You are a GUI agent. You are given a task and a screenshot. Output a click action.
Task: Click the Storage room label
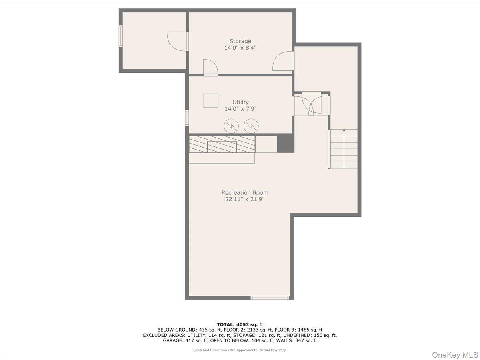click(x=240, y=41)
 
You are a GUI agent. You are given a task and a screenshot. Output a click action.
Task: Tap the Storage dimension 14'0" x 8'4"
click(x=240, y=48)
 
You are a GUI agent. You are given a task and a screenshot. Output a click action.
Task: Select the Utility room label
click(x=240, y=102)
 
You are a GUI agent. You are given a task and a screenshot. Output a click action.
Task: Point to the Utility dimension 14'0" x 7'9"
click(x=240, y=109)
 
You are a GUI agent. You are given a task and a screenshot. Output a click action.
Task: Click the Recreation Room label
click(x=245, y=192)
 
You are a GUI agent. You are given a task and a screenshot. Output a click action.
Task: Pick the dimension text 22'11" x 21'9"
click(x=245, y=199)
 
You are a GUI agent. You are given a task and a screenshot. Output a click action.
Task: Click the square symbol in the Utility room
click(x=211, y=100)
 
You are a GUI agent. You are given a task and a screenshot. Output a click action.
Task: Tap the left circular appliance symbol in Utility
click(x=231, y=126)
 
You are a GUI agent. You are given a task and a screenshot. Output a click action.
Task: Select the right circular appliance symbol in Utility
click(x=251, y=126)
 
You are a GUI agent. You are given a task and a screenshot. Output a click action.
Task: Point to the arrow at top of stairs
click(x=344, y=131)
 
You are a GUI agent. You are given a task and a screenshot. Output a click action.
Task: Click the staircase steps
click(x=344, y=149)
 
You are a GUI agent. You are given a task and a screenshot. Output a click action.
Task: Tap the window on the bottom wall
click(x=270, y=298)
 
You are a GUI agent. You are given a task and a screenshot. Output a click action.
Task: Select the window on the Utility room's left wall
click(x=187, y=118)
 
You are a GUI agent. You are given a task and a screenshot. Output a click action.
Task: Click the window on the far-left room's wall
click(x=120, y=36)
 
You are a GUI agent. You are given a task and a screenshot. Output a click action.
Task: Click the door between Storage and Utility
click(x=210, y=68)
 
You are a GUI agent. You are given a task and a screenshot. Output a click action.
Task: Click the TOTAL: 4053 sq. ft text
click(x=240, y=324)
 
